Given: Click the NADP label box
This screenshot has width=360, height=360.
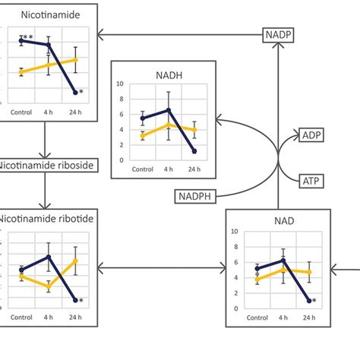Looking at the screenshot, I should point(279,34).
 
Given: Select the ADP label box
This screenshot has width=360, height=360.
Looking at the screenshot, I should point(312,135).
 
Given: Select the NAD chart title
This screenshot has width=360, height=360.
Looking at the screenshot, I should point(277,222).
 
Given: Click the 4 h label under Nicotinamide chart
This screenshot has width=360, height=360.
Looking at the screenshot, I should point(49,111).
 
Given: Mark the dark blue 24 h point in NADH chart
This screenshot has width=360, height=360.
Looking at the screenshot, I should point(195,151).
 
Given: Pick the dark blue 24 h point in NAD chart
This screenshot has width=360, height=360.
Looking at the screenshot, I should point(309,301).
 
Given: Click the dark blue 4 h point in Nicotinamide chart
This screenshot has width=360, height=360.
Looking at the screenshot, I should point(49,45).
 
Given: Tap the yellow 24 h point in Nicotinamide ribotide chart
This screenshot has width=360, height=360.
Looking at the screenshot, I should point(76,261).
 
